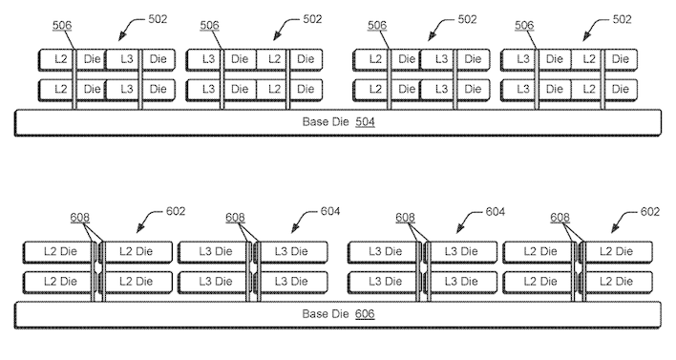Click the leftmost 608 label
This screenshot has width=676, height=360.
click(80, 218)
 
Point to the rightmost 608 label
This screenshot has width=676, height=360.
click(561, 218)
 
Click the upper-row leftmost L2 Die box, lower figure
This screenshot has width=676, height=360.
click(57, 252)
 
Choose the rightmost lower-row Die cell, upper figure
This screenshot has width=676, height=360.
click(620, 90)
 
